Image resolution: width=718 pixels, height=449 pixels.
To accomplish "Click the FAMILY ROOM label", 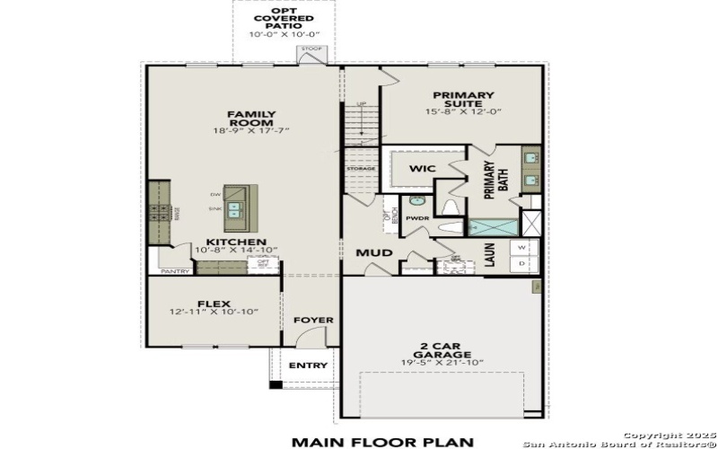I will coord(250,119).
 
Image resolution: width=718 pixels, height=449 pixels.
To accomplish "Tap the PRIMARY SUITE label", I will coord(463,100).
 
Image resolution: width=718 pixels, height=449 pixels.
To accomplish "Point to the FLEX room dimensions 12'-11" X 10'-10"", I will coord(214,312).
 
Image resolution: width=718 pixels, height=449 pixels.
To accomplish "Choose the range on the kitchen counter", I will coord(161,213).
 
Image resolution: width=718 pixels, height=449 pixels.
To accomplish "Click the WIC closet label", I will coord(422,168).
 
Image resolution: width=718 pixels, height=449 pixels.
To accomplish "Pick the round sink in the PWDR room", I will coord(416,201).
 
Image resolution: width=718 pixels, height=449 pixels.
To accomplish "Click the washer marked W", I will coord(522,247).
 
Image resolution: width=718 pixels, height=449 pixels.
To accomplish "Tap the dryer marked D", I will coord(522,264).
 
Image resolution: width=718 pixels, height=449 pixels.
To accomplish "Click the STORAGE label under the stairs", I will coord(361,168).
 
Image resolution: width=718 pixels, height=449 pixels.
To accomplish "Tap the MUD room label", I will coord(374,252).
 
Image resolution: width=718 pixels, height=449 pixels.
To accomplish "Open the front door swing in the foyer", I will coord(307,339).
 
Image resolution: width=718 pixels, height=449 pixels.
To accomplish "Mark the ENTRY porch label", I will coord(308,365).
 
